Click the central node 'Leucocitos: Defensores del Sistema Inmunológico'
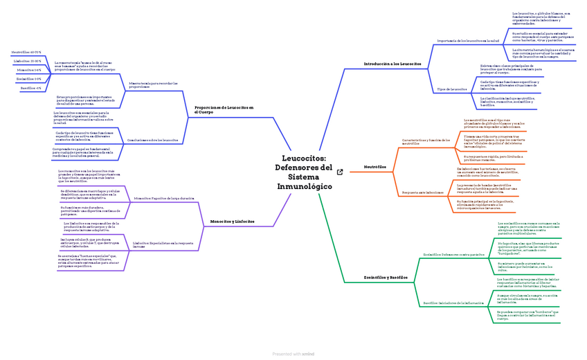tap(303, 172)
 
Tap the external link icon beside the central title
tap(339, 172)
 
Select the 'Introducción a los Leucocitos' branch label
tap(391, 64)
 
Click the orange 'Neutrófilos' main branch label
tap(374, 167)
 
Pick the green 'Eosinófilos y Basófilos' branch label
tap(386, 277)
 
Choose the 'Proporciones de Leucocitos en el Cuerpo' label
tap(224, 110)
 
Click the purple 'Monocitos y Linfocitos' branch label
tap(232, 221)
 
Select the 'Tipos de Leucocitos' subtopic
tap(453, 89)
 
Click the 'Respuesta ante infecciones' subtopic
tap(423, 192)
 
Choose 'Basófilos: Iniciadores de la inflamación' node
tap(453, 303)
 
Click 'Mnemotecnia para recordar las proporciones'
tap(153, 85)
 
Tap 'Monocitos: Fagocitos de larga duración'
tap(163, 198)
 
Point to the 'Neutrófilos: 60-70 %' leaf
tap(27, 52)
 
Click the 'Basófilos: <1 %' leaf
tap(30, 88)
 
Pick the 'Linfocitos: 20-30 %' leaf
tap(28, 61)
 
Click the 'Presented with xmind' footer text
tap(293, 354)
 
